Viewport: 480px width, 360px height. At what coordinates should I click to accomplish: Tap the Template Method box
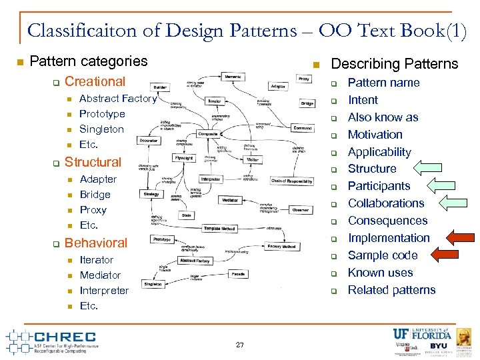(219, 228)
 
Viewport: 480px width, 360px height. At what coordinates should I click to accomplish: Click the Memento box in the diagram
(232, 77)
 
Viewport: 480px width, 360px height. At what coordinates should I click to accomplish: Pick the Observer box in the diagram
(300, 209)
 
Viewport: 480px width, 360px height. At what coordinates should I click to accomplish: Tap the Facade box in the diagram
(237, 274)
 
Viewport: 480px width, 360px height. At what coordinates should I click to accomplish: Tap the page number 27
(240, 345)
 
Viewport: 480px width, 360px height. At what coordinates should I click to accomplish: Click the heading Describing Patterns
(395, 64)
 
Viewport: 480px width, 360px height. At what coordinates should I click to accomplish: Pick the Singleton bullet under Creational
(101, 129)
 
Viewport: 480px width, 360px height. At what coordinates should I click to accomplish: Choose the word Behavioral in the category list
(95, 243)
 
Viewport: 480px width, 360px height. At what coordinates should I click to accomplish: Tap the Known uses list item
(380, 273)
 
